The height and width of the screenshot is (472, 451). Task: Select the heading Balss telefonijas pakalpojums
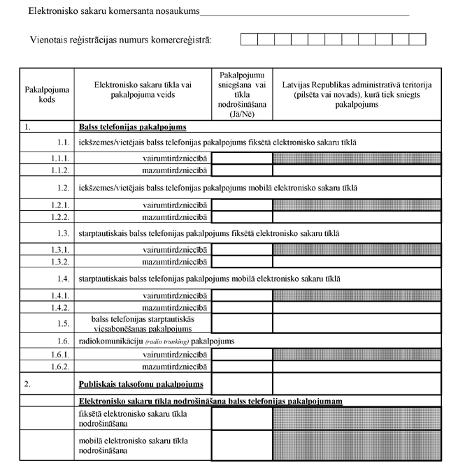click(132, 128)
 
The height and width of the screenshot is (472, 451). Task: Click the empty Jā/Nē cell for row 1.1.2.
click(242, 170)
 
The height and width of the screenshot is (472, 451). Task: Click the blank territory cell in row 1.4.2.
click(357, 307)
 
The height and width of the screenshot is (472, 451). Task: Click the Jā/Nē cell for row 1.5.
click(242, 323)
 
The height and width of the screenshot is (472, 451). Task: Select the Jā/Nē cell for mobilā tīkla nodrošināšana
click(242, 445)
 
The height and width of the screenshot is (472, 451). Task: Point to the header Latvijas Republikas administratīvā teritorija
click(357, 94)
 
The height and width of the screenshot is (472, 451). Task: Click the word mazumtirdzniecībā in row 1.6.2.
click(175, 366)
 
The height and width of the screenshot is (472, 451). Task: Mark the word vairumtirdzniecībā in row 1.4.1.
click(175, 296)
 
